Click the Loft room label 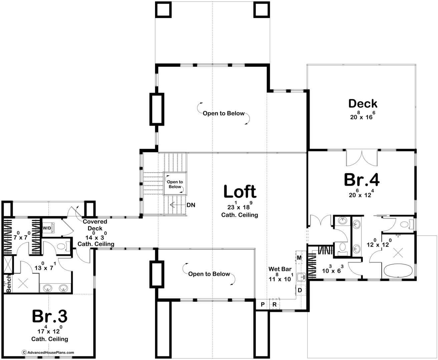tap(240, 191)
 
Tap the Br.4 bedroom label tap(362, 180)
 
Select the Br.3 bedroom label tap(50, 316)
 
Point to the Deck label tap(363, 104)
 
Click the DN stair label tap(191, 205)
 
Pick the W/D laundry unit tap(48, 228)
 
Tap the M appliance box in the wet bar tap(299, 258)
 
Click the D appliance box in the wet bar tap(300, 290)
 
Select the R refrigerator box tap(275, 305)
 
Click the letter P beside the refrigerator tap(263, 305)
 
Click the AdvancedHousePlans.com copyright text tap(48, 352)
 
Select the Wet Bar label tap(280, 269)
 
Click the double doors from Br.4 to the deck tap(362, 158)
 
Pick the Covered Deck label tap(95, 225)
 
